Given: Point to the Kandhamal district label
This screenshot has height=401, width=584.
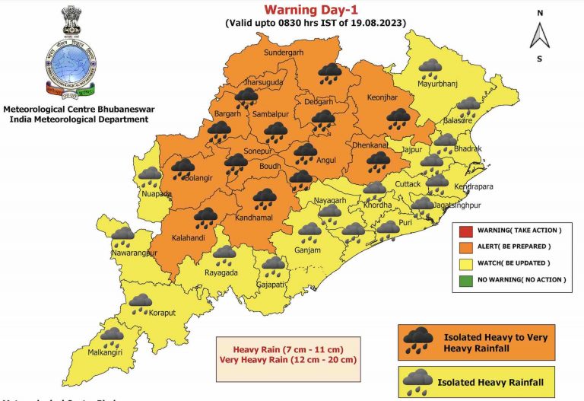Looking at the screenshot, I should click(262, 219).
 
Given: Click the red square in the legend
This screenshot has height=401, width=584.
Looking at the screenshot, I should click(465, 231).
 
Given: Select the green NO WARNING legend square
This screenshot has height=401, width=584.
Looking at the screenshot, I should click(465, 280).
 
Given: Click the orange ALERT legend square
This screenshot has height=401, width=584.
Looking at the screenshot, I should click(465, 247).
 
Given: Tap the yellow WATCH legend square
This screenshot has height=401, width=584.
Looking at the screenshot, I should click(465, 263).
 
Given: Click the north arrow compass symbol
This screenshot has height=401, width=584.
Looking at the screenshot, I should click(539, 35).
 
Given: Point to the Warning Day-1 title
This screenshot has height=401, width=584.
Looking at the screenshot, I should click(313, 10).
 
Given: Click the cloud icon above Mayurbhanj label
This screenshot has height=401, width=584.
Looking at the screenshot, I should click(433, 69).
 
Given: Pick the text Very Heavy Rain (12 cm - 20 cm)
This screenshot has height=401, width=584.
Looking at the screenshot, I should click(287, 359).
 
